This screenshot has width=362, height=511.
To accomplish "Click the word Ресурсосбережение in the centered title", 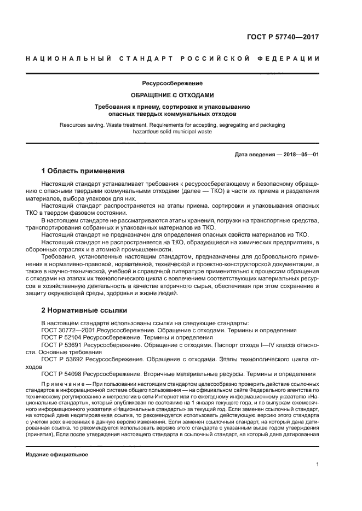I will [172, 84].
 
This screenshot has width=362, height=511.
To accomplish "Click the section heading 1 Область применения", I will [83, 171].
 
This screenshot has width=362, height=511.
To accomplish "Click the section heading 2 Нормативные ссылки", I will [84, 309].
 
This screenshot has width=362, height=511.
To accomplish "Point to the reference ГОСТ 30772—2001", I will [62, 331].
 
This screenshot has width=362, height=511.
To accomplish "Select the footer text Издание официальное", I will [57, 439].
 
